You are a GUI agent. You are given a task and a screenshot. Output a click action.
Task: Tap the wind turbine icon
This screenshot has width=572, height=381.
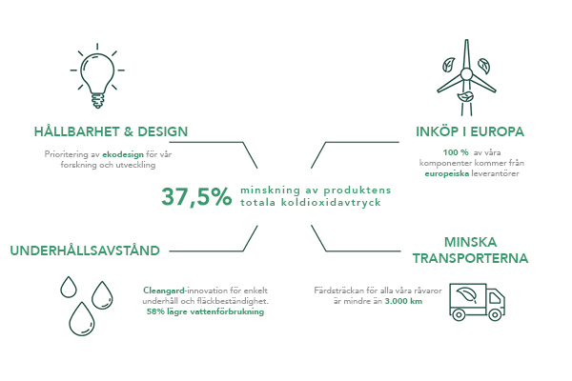[466, 78]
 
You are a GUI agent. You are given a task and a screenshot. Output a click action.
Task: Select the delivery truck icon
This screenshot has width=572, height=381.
[478, 302]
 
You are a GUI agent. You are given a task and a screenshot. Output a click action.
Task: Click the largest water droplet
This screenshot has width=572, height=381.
[82, 319]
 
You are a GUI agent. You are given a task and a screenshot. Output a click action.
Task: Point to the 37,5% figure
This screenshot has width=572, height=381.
[196, 196]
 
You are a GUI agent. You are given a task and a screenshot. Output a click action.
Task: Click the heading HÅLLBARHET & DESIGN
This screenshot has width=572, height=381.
[111, 131]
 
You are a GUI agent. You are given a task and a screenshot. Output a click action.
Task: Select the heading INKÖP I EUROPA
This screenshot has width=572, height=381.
[470, 131]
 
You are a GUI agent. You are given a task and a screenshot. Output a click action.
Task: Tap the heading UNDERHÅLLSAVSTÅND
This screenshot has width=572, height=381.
[85, 251]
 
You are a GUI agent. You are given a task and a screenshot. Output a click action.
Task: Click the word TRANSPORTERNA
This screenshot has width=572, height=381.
[470, 258]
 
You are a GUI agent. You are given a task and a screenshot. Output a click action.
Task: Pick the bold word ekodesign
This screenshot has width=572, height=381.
[123, 154]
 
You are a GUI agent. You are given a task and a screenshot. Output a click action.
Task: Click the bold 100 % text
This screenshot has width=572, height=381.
[456, 152]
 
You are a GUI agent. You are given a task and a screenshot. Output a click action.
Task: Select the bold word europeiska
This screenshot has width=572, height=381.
[447, 173]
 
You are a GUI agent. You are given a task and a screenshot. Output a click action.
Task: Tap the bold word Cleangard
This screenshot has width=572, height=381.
[164, 291]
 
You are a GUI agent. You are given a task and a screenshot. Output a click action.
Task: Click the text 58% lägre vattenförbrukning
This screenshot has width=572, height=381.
[205, 311]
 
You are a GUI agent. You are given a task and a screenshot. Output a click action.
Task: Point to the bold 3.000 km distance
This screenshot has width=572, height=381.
[403, 302]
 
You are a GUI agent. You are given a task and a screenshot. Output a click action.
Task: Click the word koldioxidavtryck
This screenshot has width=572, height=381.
[331, 202]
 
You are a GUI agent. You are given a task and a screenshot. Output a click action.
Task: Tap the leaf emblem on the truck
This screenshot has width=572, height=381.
[467, 295]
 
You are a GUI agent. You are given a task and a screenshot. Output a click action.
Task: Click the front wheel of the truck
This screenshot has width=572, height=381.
[495, 315]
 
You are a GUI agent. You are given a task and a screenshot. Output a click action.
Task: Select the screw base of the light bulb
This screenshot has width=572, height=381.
[97, 101]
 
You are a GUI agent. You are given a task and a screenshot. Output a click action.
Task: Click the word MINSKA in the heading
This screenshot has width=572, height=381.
[470, 242]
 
